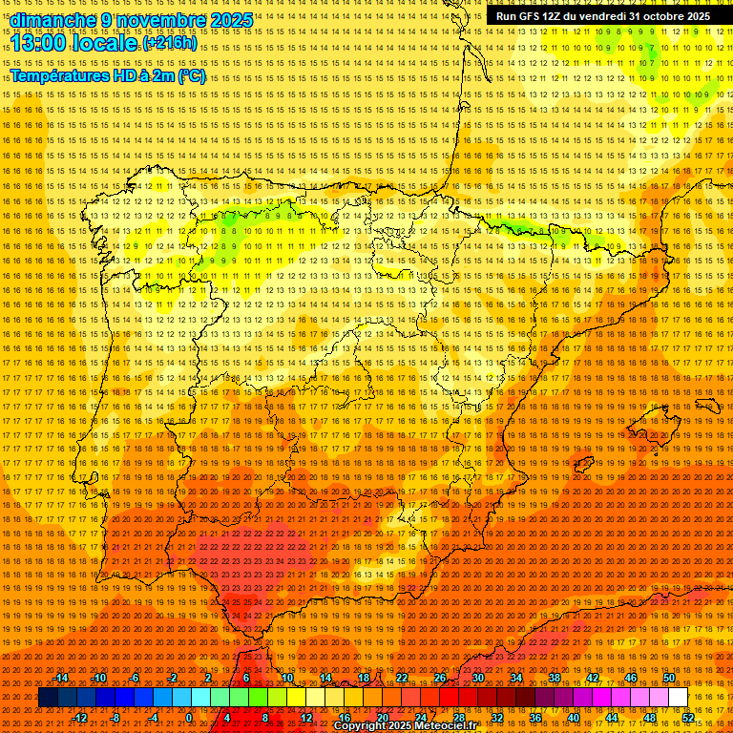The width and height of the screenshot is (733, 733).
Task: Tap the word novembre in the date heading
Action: pos(160,20)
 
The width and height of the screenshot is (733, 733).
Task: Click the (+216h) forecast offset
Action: pos(170,44)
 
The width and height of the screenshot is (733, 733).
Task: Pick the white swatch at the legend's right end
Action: pos(678,698)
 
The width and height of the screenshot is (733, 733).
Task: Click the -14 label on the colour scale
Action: pos(61,678)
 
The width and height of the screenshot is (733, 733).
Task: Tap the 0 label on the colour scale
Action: pos(189,718)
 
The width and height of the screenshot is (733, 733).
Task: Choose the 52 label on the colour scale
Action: pos(689,718)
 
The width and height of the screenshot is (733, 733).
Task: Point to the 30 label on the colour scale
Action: pos(477,678)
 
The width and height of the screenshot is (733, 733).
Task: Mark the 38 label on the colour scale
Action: pos(554,678)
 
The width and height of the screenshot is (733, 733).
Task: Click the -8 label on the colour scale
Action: pos(115,718)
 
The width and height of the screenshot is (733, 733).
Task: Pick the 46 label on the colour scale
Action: pos(630,678)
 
